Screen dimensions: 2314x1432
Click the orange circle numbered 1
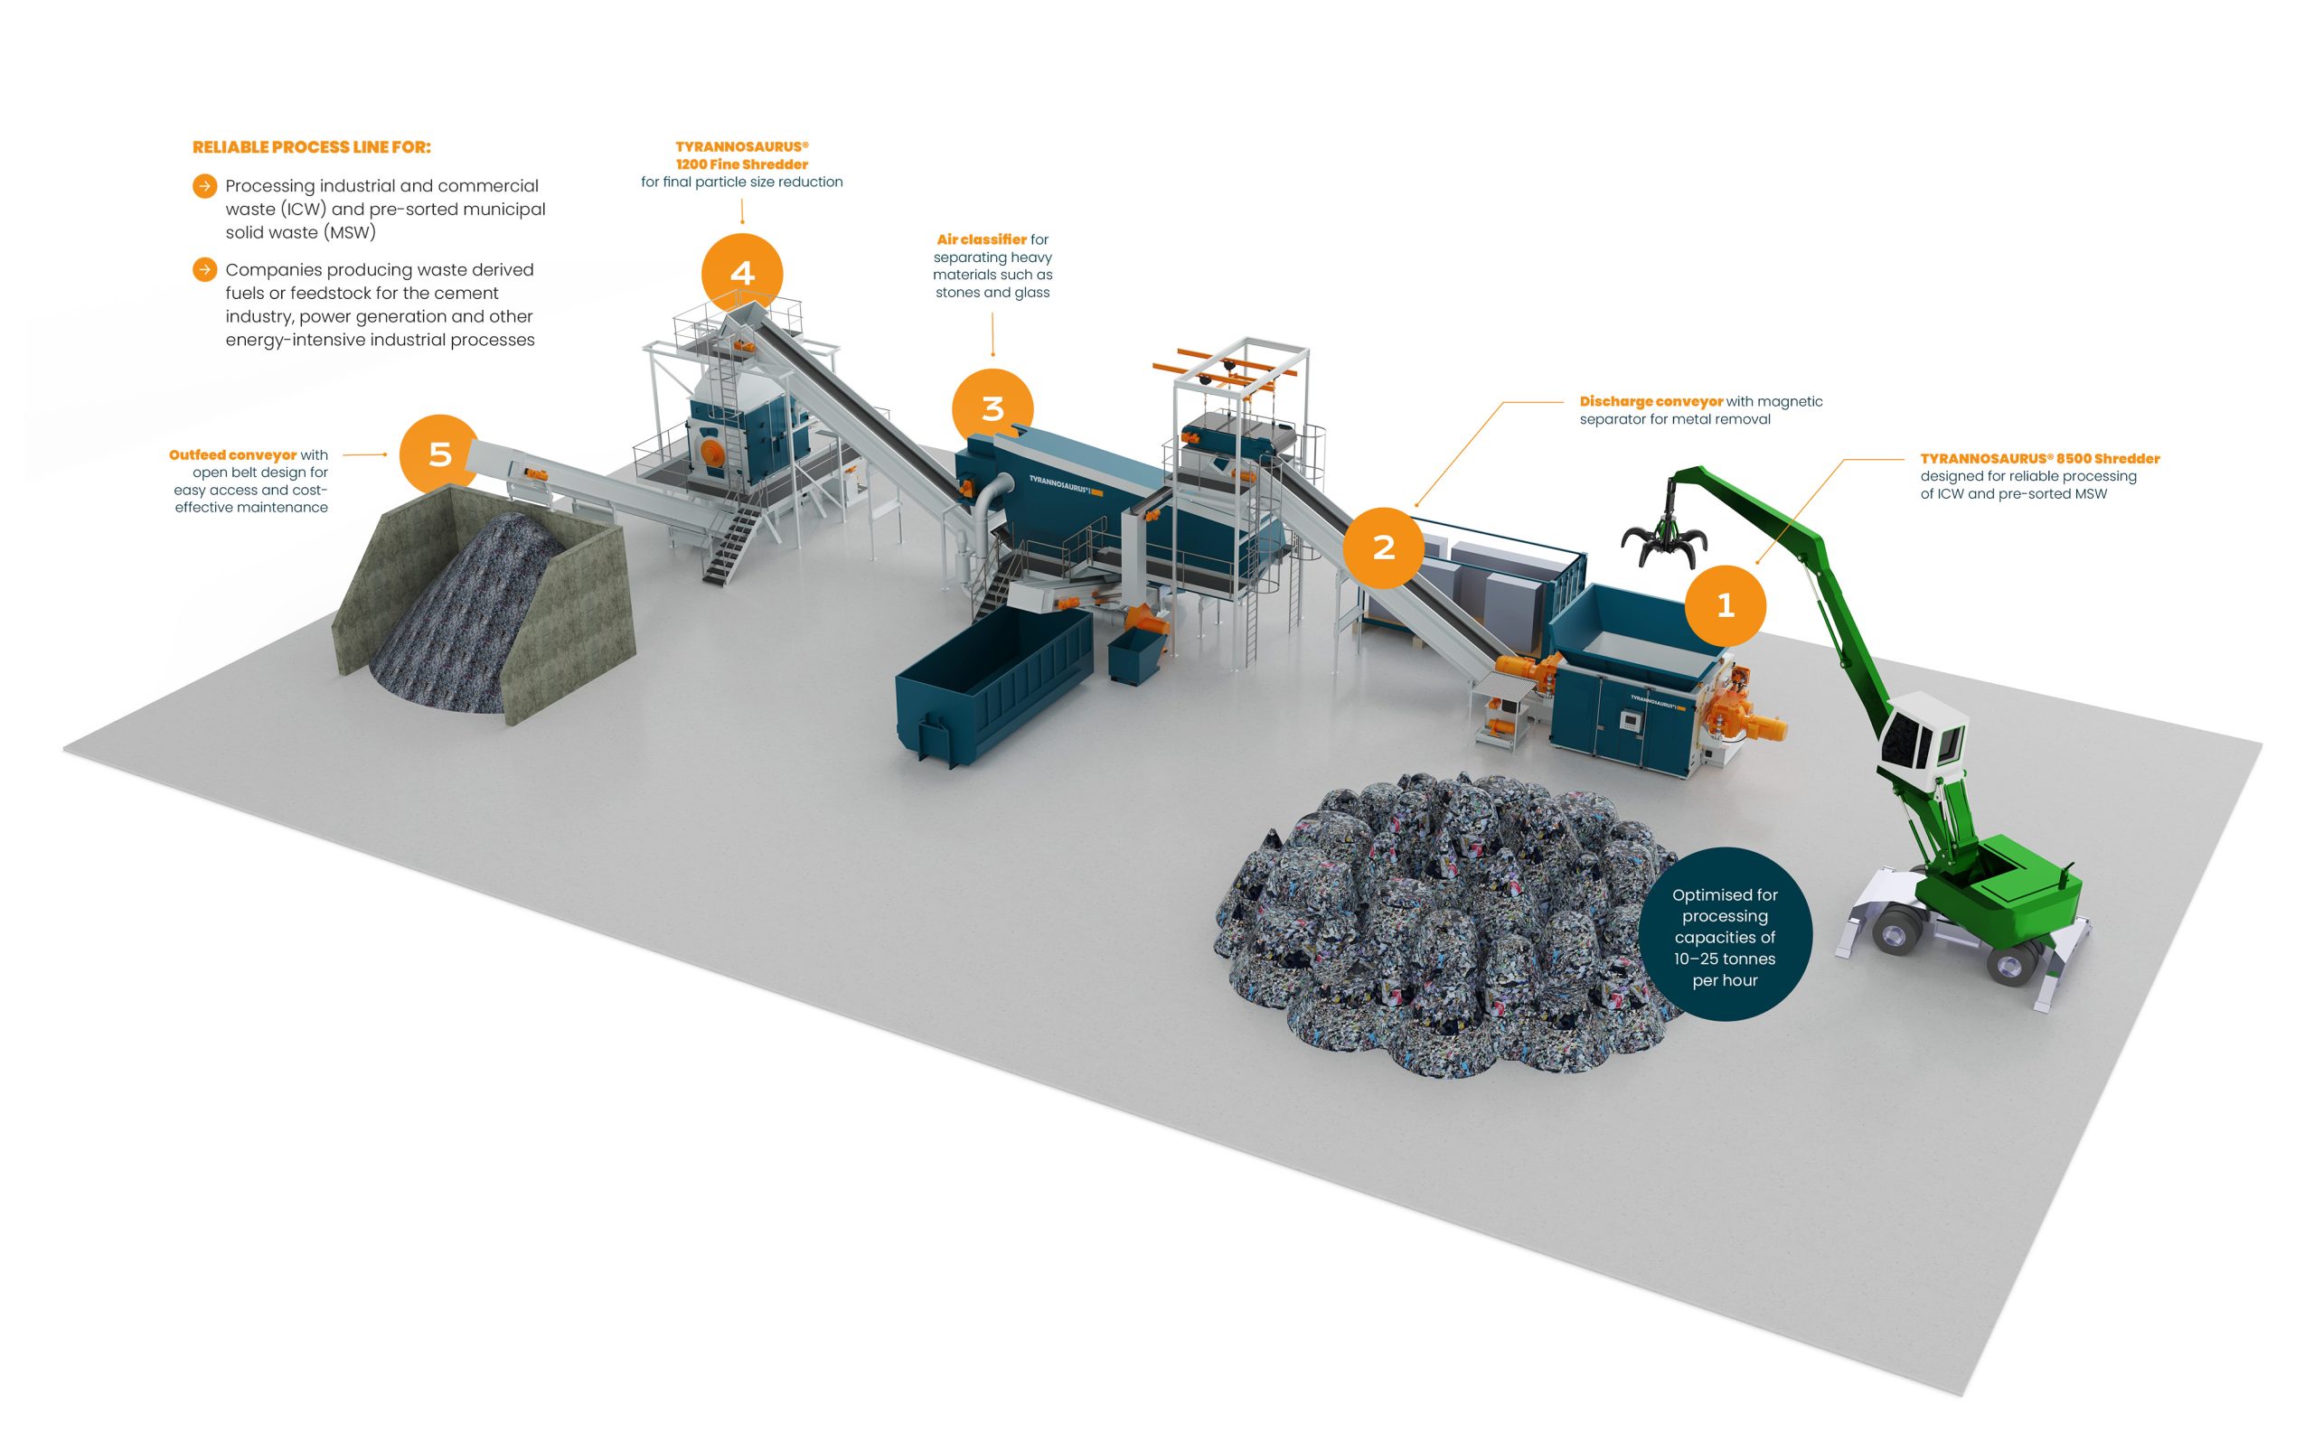pos(1725,605)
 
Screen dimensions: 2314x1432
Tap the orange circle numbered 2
pos(1384,548)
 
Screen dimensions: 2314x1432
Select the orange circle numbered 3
pos(992,408)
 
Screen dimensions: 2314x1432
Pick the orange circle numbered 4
pos(742,273)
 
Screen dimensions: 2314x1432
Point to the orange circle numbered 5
pos(439,454)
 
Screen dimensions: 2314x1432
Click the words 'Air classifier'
pos(982,239)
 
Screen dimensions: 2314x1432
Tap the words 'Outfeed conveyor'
pos(233,455)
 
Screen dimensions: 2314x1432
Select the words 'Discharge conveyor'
pos(1651,401)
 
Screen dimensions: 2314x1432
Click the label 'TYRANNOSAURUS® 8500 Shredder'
pos(2040,458)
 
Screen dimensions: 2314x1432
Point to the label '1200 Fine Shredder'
pos(742,164)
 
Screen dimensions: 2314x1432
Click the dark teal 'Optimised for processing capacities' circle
pos(1725,934)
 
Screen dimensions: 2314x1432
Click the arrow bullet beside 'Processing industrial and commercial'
pos(204,185)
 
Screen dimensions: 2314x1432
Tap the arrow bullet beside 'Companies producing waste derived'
pos(204,270)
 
